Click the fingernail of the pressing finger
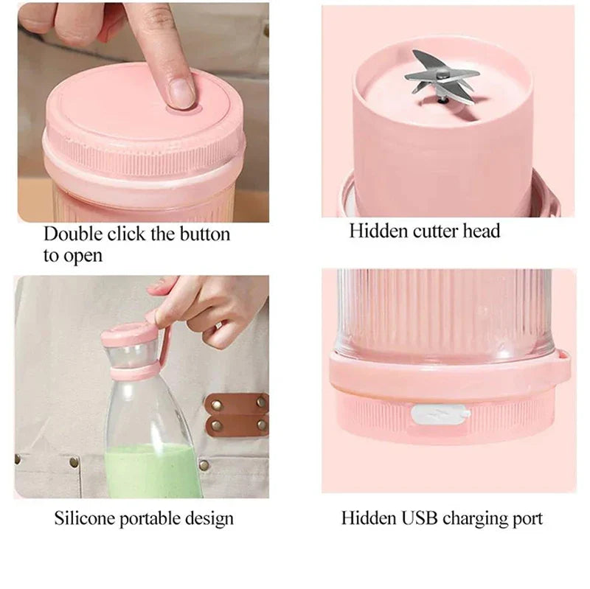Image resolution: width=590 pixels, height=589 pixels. coord(180,91)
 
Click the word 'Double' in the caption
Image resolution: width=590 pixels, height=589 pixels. coord(72,234)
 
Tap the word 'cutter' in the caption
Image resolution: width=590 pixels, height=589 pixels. coord(436,231)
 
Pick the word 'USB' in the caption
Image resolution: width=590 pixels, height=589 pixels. coord(421,518)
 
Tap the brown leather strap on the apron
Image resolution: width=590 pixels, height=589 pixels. coord(236,414)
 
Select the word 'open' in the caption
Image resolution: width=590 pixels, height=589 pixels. coord(82,257)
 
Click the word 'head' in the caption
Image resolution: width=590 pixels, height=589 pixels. coord(481,231)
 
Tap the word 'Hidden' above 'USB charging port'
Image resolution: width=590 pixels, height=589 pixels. coord(368,518)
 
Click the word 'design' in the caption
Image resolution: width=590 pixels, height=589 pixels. coord(212,519)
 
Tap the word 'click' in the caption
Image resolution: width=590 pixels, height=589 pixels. coord(126,234)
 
